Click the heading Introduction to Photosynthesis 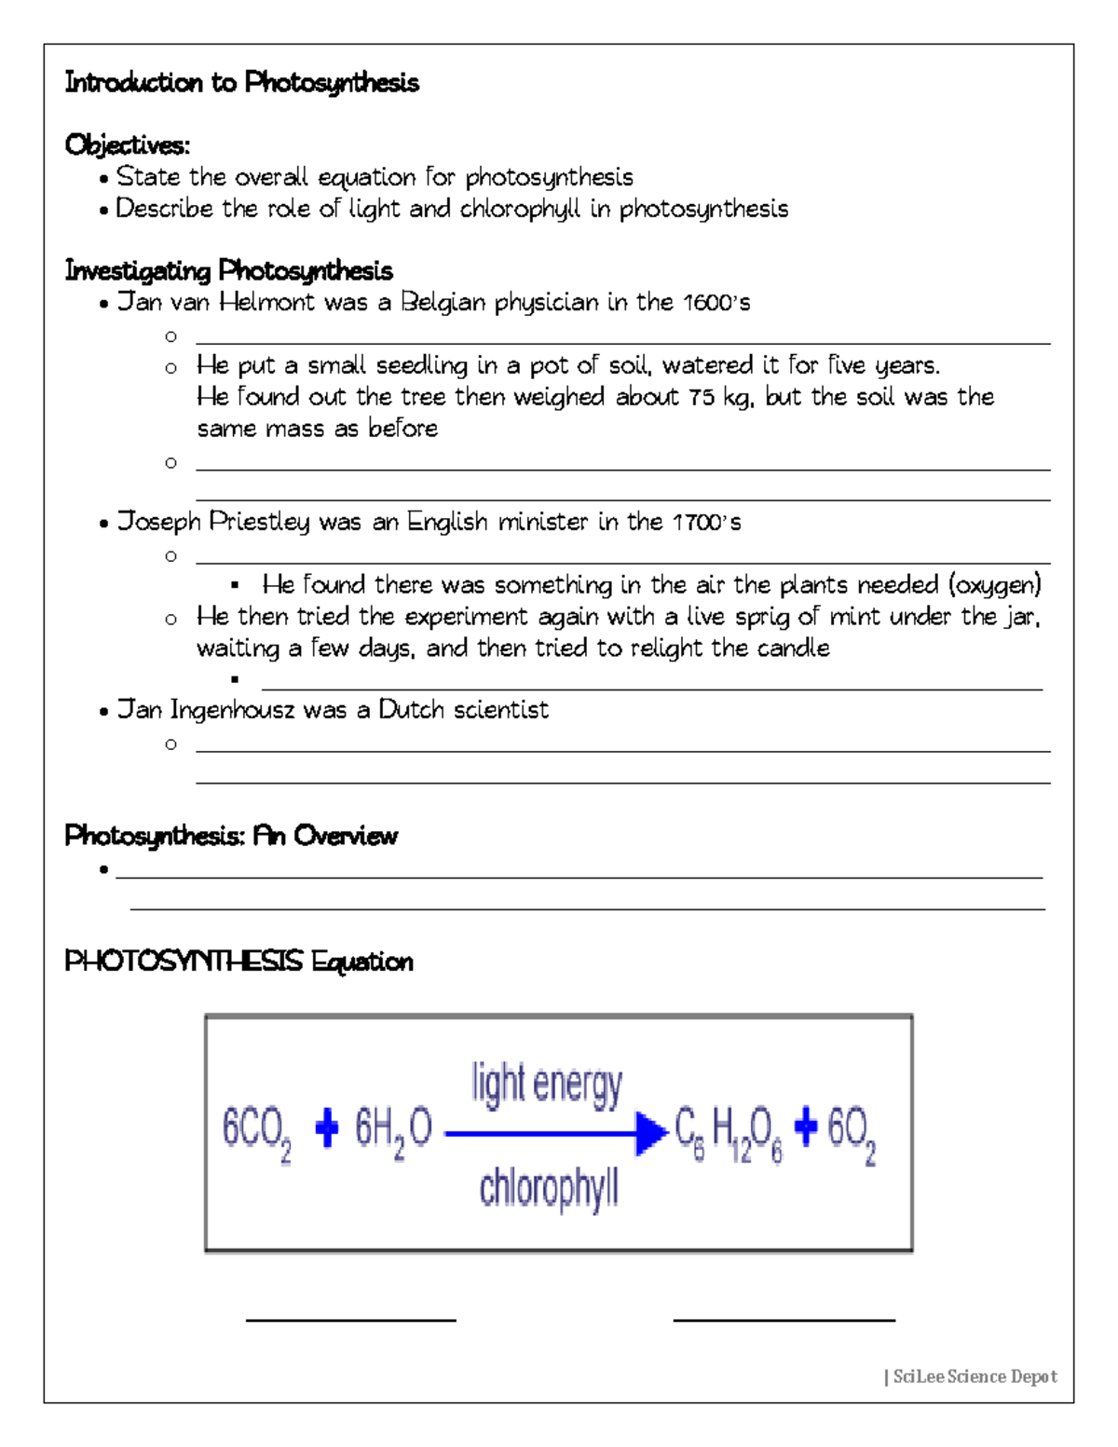(241, 83)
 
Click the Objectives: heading (127, 145)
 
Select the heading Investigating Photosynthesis (228, 271)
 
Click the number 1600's (716, 303)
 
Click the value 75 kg (726, 397)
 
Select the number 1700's (706, 522)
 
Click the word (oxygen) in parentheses (994, 585)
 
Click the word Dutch (412, 710)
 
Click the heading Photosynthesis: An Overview (231, 836)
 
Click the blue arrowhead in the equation (651, 1133)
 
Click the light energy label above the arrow (547, 1085)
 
